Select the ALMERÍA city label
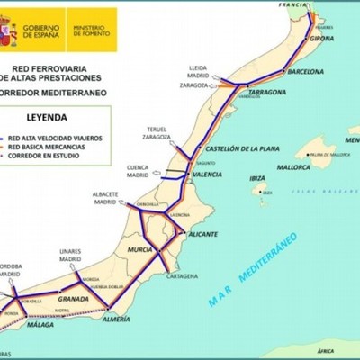point(122,319)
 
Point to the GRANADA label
point(72,297)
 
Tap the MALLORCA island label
point(294,167)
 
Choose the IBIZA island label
point(257,178)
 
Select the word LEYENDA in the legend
point(55,117)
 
